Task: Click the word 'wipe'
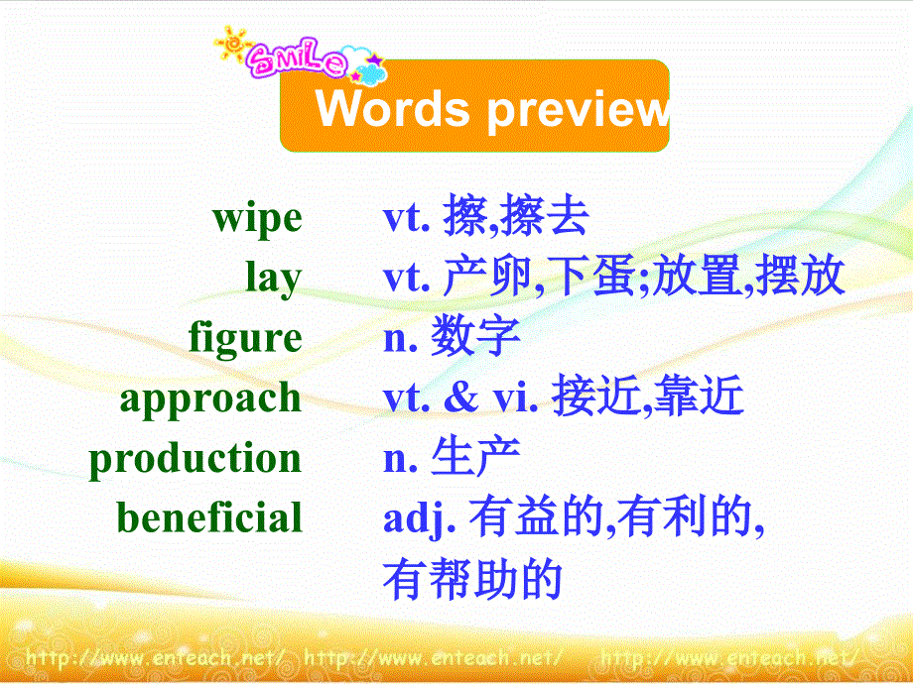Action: (x=257, y=219)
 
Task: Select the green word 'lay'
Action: (x=274, y=279)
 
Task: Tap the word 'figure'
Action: (x=245, y=339)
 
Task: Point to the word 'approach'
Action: (x=210, y=399)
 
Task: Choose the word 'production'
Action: (x=196, y=458)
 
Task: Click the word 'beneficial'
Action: (x=209, y=517)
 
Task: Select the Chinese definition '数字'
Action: (x=476, y=339)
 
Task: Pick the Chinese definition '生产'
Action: (x=476, y=458)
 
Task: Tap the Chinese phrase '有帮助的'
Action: (x=472, y=579)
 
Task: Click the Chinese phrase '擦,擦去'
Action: (x=516, y=219)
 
